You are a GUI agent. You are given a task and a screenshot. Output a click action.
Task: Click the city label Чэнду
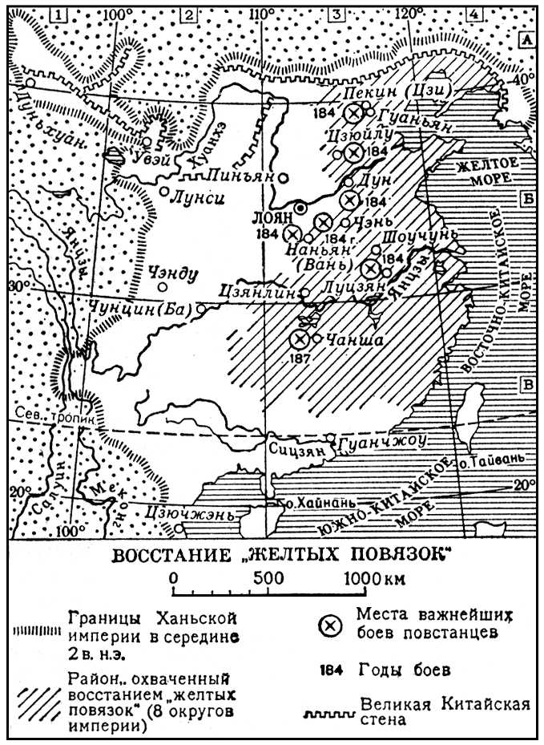coord(172,273)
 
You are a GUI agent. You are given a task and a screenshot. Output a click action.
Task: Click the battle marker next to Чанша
coord(300,340)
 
